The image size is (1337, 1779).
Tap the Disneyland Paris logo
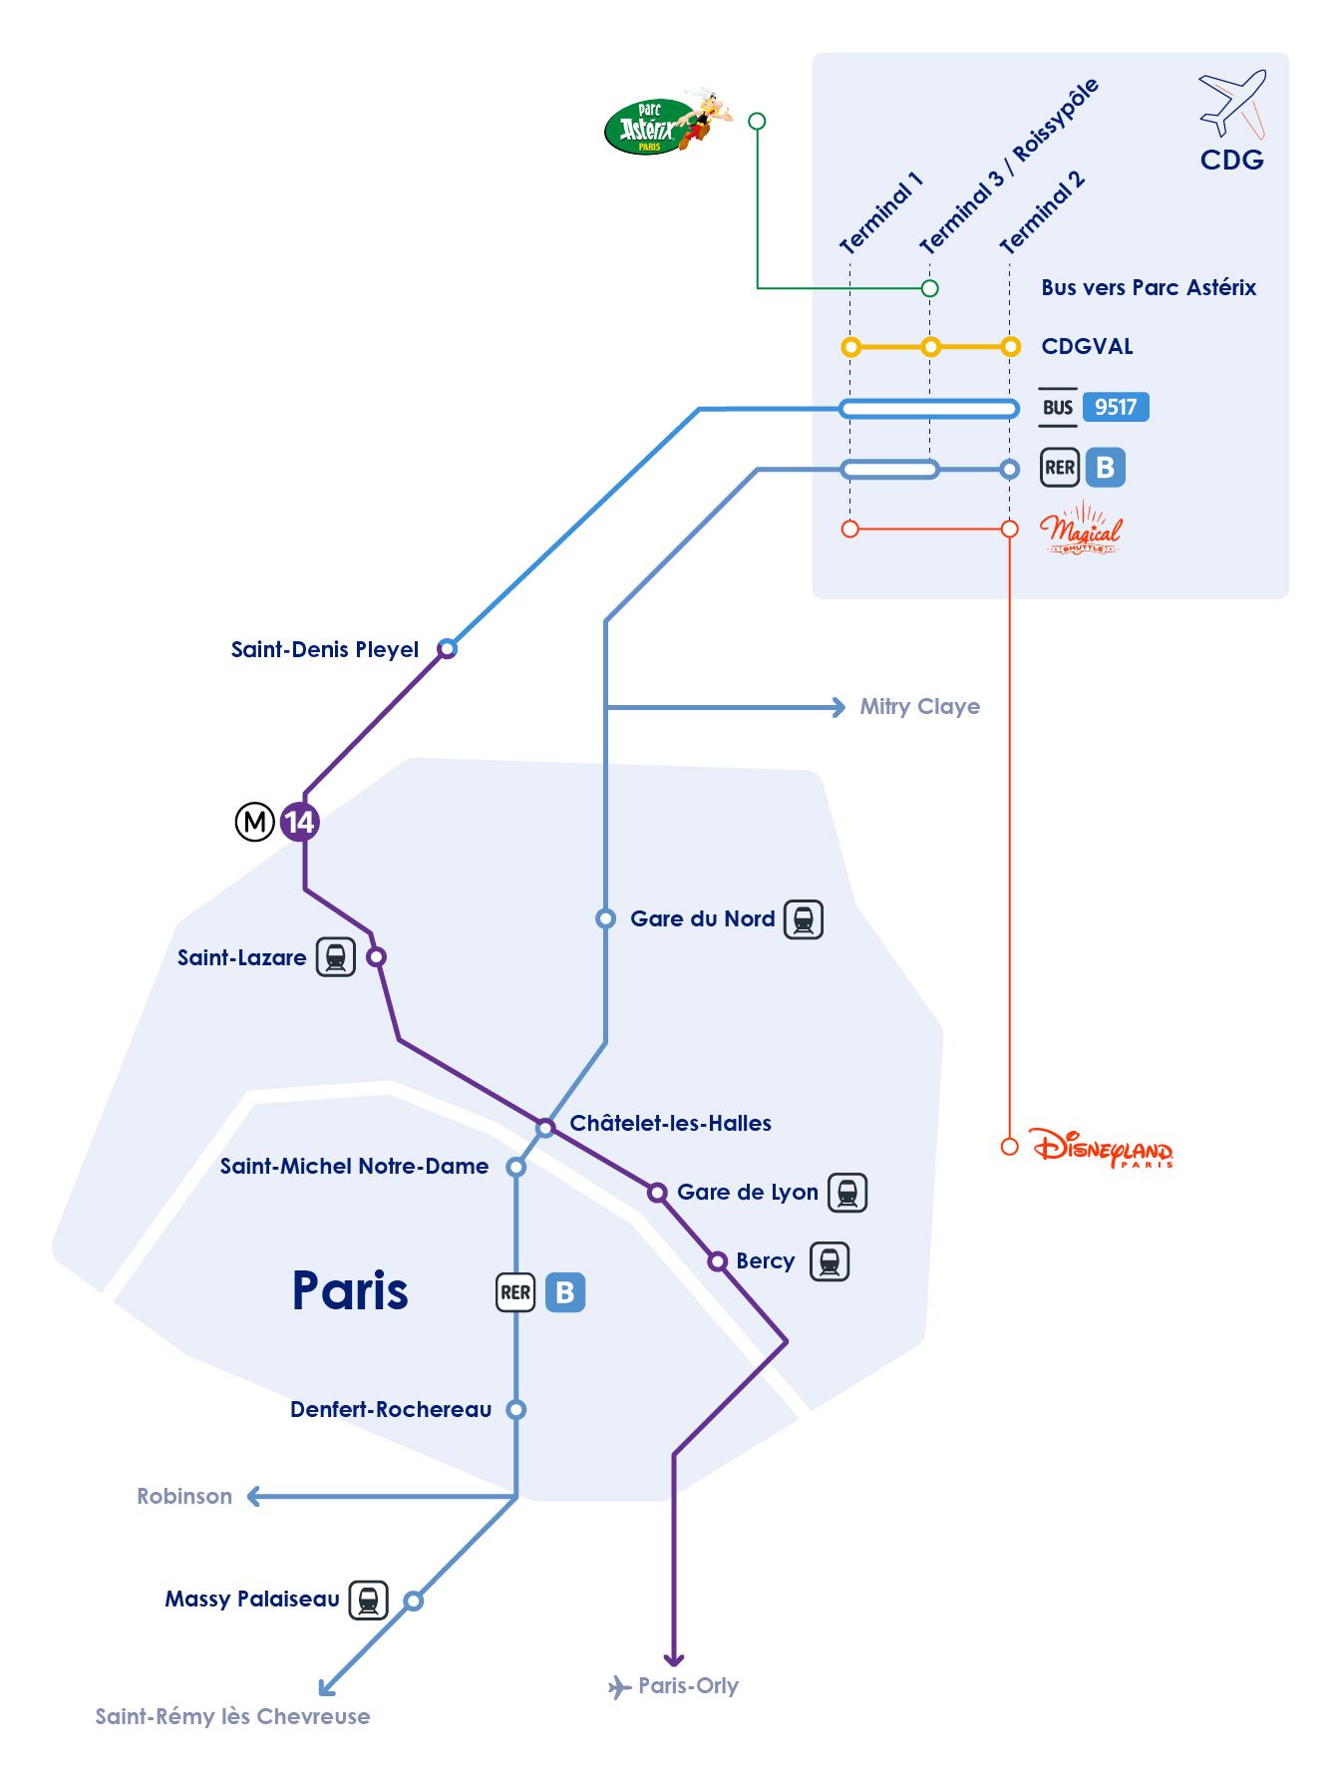[x=1102, y=1148]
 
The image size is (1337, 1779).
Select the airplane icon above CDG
[x=1232, y=103]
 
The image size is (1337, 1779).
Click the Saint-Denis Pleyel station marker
[x=448, y=649]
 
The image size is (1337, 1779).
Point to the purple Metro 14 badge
[x=299, y=822]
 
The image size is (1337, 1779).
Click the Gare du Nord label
[x=702, y=918]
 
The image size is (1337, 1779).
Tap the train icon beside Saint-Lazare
[x=336, y=957]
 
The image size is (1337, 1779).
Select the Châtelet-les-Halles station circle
[x=545, y=1128]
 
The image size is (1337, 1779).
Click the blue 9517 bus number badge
[x=1116, y=407]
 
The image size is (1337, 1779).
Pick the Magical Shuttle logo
[x=1081, y=530]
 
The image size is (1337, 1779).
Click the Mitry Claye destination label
[x=919, y=707]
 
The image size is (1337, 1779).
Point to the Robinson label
[x=184, y=1496]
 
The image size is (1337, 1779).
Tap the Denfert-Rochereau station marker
[x=515, y=1409]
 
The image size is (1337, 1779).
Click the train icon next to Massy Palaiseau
[x=368, y=1600]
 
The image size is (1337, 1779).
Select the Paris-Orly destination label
[x=688, y=1685]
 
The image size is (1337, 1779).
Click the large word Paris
[x=350, y=1290]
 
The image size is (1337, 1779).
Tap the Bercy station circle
[x=717, y=1261]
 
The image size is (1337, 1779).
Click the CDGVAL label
[x=1087, y=346]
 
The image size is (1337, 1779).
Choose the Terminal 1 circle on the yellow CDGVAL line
[x=850, y=347]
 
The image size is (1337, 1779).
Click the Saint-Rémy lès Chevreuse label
[x=232, y=1716]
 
